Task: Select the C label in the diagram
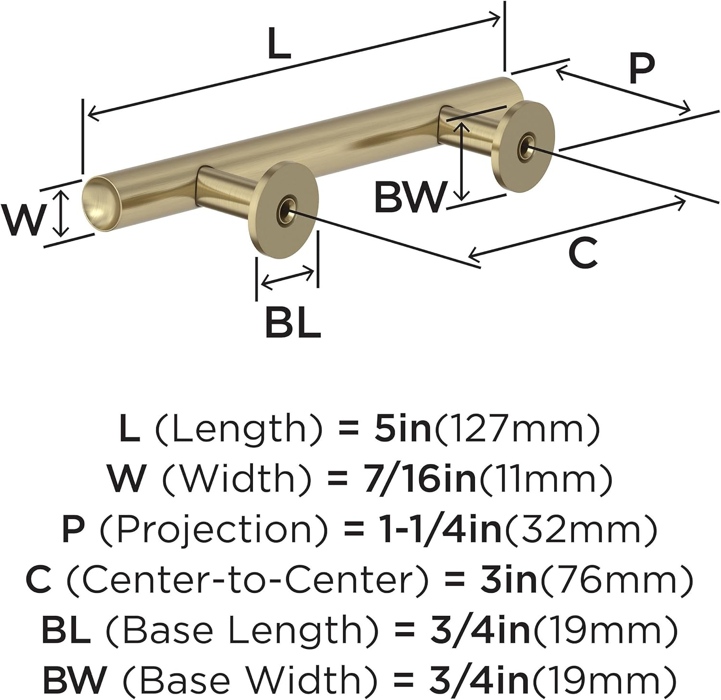[x=583, y=253]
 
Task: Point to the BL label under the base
[x=292, y=323]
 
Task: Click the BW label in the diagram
[x=410, y=198]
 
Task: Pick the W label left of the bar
[x=23, y=220]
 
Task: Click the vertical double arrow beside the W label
[x=60, y=213]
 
